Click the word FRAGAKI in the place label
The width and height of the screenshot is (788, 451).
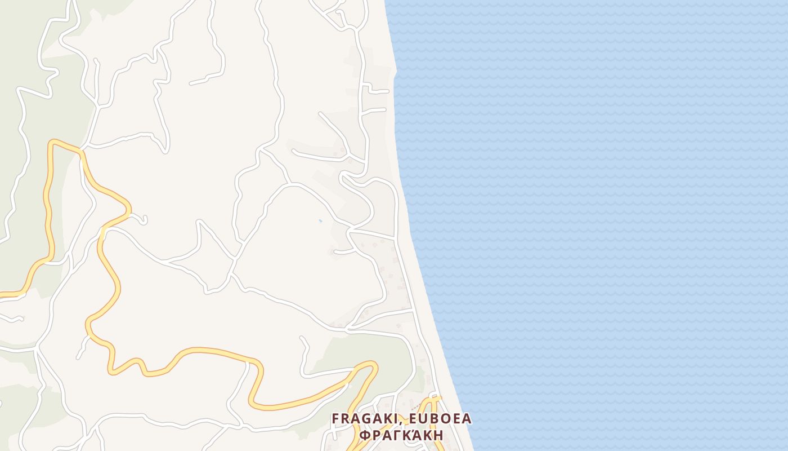[357, 419]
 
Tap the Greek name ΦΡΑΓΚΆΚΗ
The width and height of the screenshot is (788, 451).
[401, 435]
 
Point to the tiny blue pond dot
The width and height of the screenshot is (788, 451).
[320, 220]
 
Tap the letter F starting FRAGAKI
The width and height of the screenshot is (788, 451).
[335, 419]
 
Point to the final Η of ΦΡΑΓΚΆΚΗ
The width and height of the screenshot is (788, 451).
[438, 435]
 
